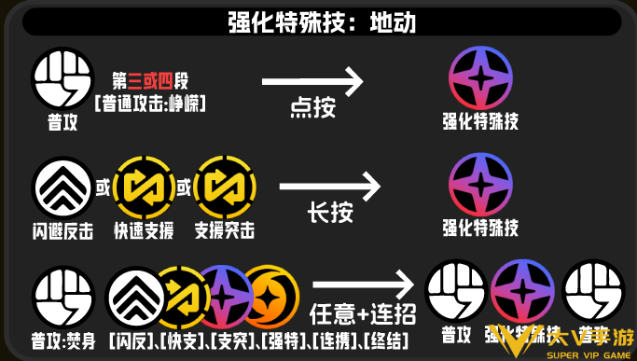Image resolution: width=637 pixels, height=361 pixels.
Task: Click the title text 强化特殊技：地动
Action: [317, 21]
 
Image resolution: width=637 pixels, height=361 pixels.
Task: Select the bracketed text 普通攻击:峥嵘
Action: [149, 102]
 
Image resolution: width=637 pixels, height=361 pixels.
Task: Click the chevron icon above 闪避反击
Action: [62, 187]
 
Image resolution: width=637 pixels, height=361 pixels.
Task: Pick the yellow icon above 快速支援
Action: [144, 187]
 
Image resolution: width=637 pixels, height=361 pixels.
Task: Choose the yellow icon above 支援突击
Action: [224, 187]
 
